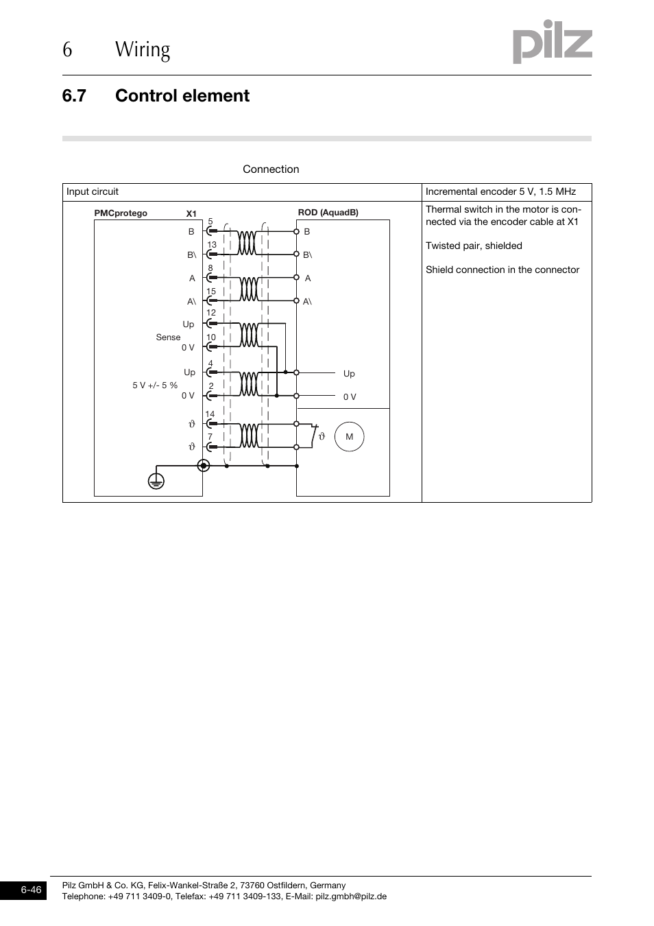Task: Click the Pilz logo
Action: [552, 42]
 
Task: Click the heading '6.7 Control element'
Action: [156, 95]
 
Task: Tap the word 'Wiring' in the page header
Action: [143, 49]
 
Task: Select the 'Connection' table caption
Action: [271, 169]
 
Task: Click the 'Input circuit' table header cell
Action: [93, 192]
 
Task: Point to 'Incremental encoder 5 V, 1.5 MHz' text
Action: [500, 192]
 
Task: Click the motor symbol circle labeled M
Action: [349, 437]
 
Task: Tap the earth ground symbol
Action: [156, 481]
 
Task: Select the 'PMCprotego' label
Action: [121, 213]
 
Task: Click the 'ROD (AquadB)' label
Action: [328, 213]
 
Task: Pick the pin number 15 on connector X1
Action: [211, 292]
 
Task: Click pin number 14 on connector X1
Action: [210, 414]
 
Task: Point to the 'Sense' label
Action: [168, 337]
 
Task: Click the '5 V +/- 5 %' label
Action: [155, 385]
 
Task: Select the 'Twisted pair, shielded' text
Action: [474, 246]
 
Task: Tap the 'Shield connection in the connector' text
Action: [502, 270]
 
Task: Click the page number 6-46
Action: [31, 890]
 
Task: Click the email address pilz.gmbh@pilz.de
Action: [351, 897]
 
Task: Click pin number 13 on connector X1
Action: [212, 245]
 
